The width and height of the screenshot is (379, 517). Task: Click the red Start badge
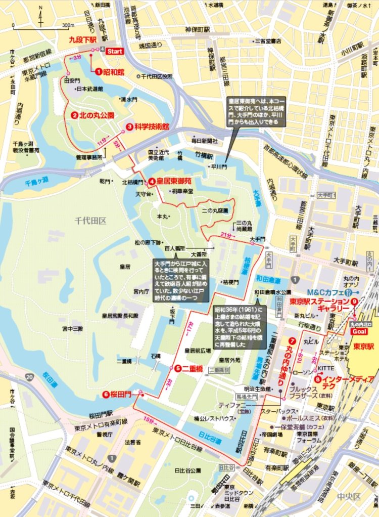tap(115, 51)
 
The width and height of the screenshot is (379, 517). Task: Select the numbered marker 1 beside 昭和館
tap(99, 72)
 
